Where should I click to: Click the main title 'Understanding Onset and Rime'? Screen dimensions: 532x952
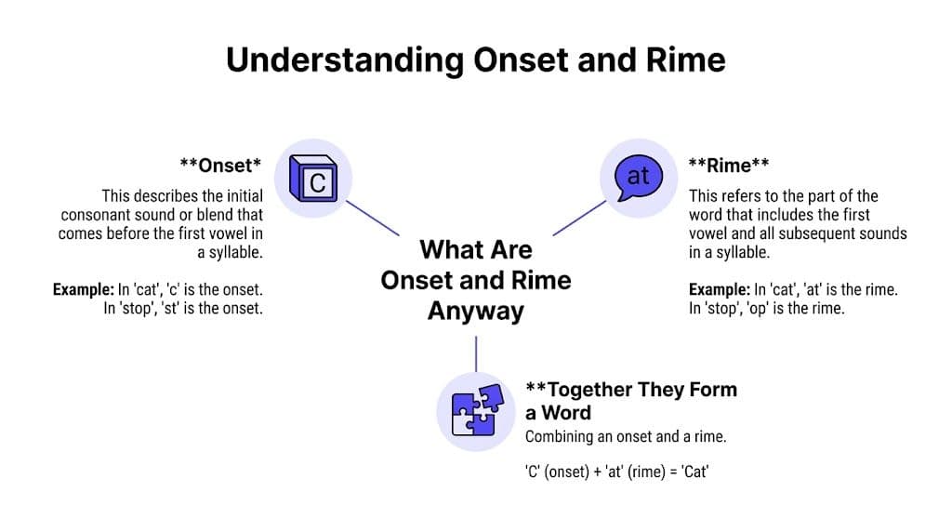point(475,60)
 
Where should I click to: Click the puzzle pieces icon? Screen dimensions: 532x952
point(475,410)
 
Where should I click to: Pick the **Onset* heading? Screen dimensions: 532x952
point(220,166)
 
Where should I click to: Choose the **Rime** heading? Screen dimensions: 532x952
point(728,166)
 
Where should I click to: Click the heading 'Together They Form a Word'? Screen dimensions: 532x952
point(630,400)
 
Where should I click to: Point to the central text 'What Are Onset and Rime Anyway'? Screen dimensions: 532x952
point(475,279)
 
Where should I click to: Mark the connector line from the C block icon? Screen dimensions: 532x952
point(372,216)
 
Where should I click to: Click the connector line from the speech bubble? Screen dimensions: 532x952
point(579,217)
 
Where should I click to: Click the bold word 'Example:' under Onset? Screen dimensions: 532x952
point(83,290)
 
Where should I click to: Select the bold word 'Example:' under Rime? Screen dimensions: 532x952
point(719,290)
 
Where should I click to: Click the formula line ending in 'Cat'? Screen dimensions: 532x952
point(616,472)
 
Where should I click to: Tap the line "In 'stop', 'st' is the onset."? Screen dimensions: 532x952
point(182,309)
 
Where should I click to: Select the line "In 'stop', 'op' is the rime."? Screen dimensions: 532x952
point(766,309)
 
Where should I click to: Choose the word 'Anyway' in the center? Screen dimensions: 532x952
point(475,311)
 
